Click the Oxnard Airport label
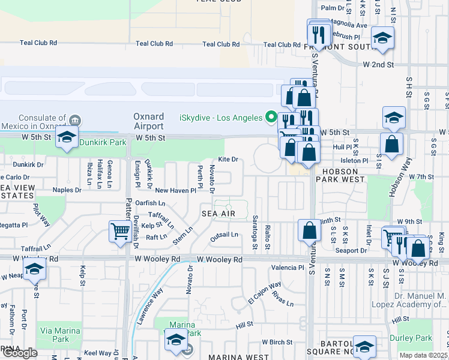tap(148, 121)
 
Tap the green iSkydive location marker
tap(271, 117)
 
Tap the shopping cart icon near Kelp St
tap(120, 230)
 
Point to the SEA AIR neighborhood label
tap(217, 213)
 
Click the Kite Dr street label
tap(228, 159)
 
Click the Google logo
tap(19, 352)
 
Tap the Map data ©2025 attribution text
tap(423, 355)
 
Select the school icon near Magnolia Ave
tap(382, 39)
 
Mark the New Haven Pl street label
tap(175, 190)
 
